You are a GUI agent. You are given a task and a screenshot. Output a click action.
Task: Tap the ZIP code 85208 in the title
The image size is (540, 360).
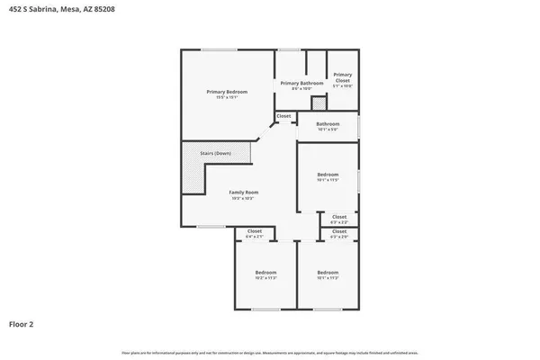tap(103, 8)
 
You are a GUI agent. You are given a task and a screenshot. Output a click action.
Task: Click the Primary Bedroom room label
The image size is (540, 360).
tap(227, 92)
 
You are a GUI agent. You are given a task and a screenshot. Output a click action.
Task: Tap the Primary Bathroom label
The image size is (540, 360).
tap(301, 84)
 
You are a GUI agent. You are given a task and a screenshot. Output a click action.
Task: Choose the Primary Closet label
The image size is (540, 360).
tap(343, 78)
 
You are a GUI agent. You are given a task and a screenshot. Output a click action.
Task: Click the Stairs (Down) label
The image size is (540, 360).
tap(215, 154)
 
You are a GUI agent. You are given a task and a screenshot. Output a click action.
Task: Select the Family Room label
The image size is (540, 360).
tap(243, 192)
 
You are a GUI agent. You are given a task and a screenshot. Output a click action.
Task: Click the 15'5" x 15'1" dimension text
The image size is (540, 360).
tap(227, 97)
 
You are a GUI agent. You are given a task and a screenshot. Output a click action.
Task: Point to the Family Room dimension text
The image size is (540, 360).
tap(243, 197)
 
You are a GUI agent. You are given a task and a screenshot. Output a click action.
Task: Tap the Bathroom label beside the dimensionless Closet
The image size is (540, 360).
tap(328, 123)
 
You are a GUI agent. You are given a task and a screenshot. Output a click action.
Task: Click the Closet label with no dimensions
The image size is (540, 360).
tap(283, 116)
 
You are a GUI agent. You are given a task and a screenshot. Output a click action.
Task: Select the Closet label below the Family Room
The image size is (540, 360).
tap(255, 231)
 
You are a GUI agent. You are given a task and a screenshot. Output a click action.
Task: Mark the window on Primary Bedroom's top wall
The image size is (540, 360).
tap(213, 49)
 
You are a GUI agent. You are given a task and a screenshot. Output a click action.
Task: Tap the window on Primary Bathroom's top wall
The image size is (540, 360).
tap(288, 49)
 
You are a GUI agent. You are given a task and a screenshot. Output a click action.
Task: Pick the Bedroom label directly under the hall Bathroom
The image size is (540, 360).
tap(328, 175)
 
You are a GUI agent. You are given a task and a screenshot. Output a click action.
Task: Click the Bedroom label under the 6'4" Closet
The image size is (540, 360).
tap(265, 272)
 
